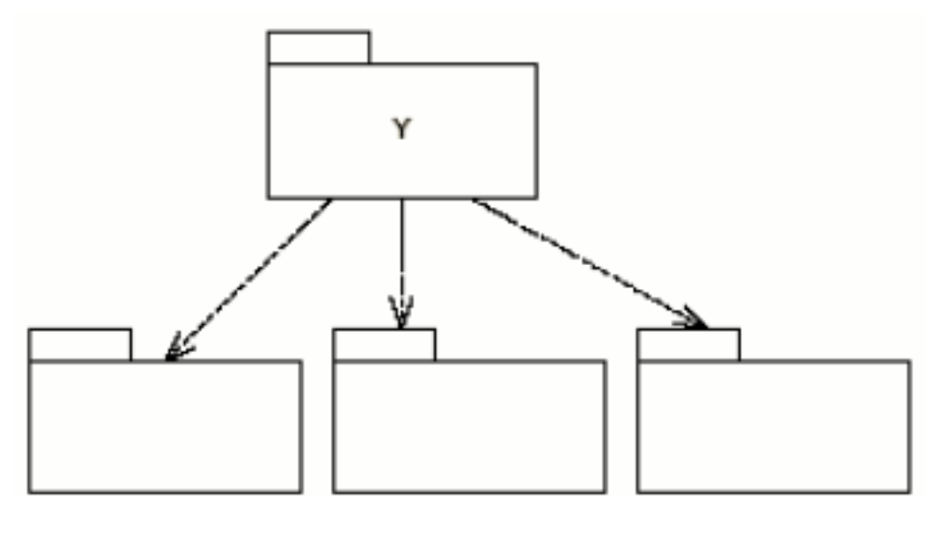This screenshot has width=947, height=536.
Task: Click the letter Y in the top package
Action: (401, 130)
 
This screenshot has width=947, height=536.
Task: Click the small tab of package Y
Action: (318, 47)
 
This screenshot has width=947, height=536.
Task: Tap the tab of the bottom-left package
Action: (79, 344)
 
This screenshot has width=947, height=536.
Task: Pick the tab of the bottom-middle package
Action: (384, 344)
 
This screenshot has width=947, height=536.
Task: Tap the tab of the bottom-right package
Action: (689, 344)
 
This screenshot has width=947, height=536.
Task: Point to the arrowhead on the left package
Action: (174, 352)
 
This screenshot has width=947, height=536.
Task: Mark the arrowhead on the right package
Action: (698, 323)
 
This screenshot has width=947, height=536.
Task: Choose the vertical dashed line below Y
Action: (401, 251)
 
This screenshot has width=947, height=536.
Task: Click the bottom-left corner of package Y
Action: (268, 198)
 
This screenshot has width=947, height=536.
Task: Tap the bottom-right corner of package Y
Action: (536, 198)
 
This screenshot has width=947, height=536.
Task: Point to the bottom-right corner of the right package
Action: (909, 492)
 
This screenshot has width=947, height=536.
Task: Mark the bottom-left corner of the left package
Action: (29, 492)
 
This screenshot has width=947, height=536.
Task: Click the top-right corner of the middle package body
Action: (605, 362)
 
